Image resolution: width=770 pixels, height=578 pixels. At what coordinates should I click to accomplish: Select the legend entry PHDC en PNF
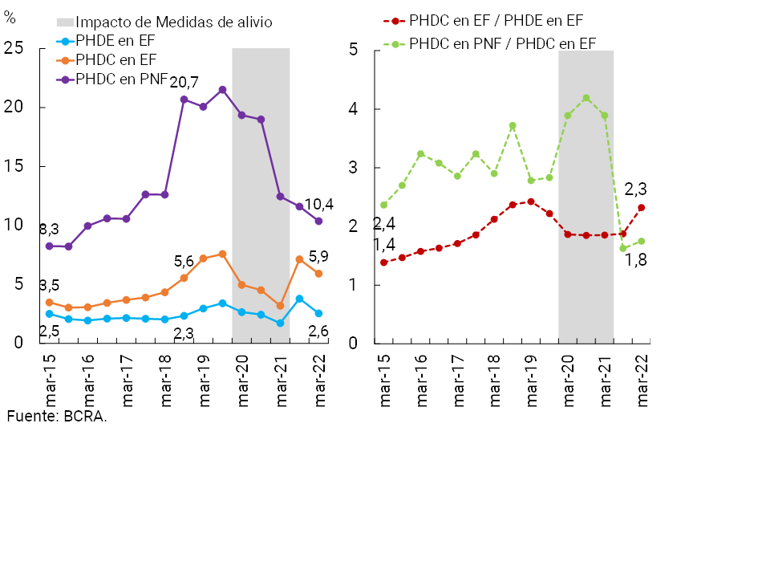tap(121, 79)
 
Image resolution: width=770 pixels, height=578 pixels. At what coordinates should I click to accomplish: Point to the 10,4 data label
tap(318, 204)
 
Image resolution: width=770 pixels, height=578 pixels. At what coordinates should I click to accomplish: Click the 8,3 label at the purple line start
tap(49, 229)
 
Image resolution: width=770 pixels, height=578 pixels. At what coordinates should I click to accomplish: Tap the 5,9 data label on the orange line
tap(318, 257)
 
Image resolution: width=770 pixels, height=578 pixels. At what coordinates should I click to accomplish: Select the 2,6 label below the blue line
tap(318, 331)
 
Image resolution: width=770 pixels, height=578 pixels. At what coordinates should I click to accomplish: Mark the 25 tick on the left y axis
tap(12, 49)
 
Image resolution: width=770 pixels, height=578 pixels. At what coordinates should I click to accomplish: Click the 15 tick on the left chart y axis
tap(12, 166)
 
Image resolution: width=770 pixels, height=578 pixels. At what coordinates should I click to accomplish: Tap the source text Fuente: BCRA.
tap(57, 417)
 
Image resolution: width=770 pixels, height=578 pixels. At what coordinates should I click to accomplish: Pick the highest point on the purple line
tap(222, 90)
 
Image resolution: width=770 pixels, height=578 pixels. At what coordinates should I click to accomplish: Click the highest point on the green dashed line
tap(586, 98)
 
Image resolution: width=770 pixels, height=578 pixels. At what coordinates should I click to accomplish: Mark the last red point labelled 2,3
tap(642, 208)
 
